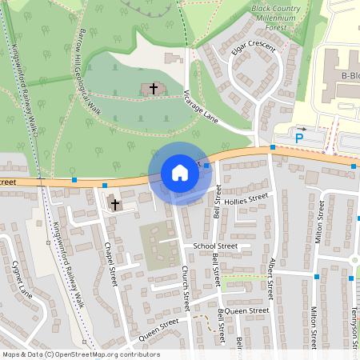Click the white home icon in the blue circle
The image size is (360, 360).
(180, 173)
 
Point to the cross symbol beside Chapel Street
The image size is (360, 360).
(115, 205)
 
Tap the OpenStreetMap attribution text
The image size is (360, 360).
(80, 354)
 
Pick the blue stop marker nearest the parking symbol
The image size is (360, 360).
(274, 147)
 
